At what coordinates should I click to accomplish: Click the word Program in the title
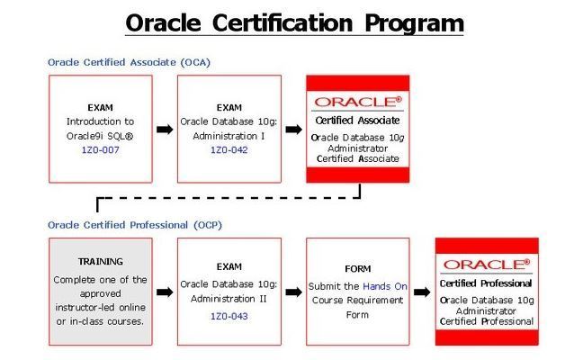point(414,23)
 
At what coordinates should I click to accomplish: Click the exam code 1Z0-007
point(101,150)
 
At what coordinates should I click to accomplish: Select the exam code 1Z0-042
point(229,150)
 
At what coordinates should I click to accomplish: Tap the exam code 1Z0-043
point(229,316)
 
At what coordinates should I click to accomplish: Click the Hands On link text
point(385,286)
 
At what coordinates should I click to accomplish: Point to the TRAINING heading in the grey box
point(101,261)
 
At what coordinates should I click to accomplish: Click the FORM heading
point(358,268)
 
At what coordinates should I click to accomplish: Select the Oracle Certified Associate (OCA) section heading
point(129,62)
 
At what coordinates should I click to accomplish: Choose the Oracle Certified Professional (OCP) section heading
point(135,225)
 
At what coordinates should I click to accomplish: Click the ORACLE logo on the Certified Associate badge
point(358,102)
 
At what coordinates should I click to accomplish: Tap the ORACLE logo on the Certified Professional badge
point(487,265)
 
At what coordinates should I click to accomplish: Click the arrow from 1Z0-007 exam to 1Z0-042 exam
point(165,130)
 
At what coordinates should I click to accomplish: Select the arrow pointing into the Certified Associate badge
point(293,130)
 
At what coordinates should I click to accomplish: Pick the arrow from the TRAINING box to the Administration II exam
point(165,292)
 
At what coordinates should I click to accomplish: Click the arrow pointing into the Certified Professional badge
point(422,292)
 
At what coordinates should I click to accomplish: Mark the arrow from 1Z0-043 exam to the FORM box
point(293,292)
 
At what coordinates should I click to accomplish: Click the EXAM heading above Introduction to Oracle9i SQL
point(101,107)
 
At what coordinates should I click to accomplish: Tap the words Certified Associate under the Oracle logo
point(358,121)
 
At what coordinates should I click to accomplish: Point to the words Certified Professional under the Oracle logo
point(486,283)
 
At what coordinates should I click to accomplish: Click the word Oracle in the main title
point(163,23)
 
